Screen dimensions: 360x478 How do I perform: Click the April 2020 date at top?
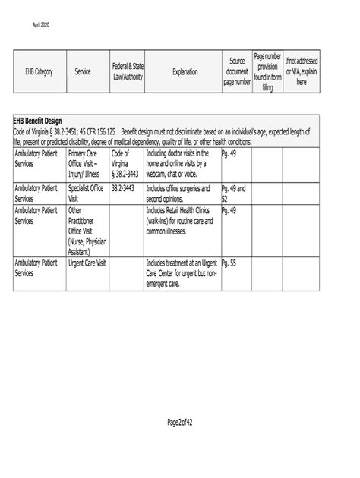tap(40, 26)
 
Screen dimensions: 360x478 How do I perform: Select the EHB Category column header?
tap(39, 71)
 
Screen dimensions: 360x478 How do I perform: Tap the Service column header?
tap(83, 71)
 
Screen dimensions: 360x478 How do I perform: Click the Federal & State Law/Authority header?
tap(127, 71)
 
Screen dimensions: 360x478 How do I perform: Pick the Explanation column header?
tap(185, 71)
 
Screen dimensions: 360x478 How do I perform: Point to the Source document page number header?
tap(236, 71)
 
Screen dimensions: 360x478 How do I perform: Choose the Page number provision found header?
tap(267, 71)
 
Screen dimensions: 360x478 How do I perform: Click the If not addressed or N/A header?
tap(302, 71)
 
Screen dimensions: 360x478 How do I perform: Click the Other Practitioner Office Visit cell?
tap(87, 230)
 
